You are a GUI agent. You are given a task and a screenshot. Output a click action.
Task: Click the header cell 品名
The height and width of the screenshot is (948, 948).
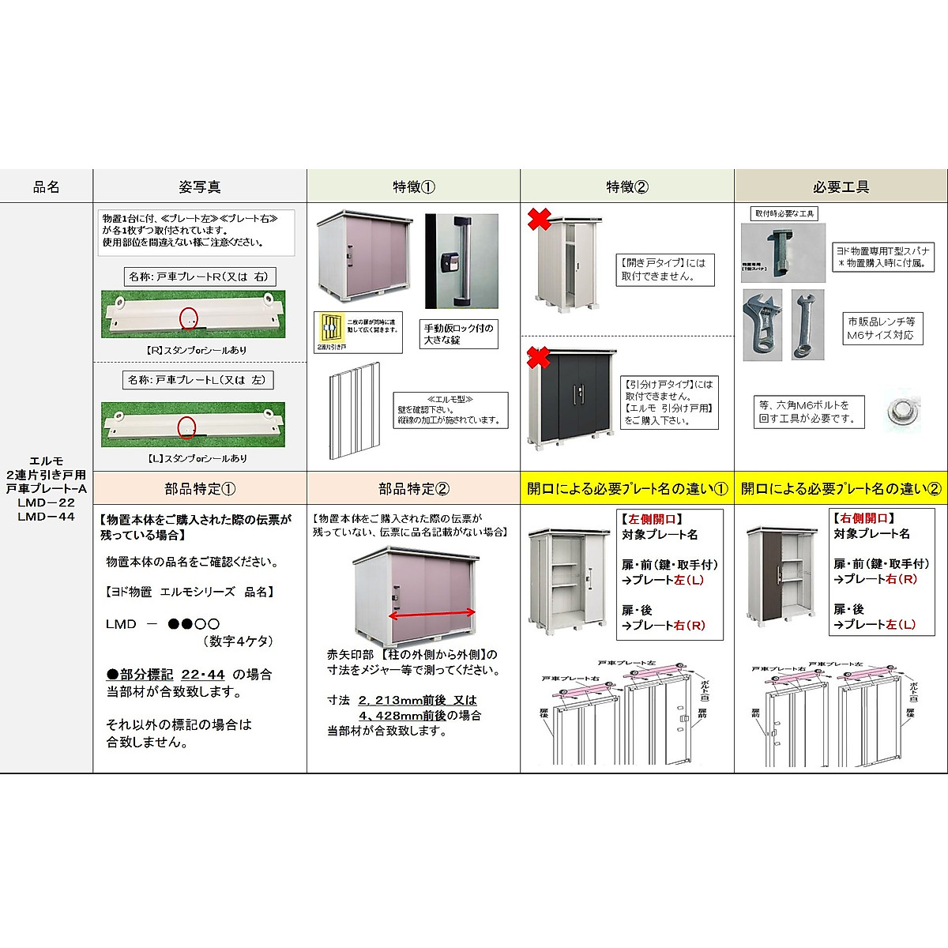pos(46,187)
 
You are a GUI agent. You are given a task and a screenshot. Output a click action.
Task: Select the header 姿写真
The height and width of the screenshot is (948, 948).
pos(200,187)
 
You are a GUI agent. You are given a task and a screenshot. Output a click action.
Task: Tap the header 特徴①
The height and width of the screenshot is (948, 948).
pos(413,187)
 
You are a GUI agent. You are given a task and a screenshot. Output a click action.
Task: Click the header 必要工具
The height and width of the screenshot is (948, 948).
pos(841,187)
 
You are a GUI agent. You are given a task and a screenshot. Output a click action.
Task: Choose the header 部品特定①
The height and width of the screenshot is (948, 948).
pos(200,489)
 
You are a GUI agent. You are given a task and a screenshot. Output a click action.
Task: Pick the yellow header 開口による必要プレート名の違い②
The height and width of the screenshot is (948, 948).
pos(841,489)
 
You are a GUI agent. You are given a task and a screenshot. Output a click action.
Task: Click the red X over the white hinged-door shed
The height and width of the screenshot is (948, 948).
pos(539,219)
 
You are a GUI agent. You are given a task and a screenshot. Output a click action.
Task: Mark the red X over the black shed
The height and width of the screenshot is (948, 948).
pos(539,356)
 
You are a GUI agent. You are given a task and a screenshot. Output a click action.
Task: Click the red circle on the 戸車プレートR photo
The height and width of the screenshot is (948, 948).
pos(190,317)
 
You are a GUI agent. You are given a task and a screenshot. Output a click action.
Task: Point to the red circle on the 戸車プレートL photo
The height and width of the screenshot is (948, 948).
pos(186,427)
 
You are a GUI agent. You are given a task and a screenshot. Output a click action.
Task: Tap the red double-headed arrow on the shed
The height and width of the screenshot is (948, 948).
pos(431,612)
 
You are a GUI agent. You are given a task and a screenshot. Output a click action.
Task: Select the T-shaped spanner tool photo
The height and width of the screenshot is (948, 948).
pos(782,251)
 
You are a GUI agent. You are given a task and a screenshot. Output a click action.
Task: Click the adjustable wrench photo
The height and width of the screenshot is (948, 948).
pos(762,324)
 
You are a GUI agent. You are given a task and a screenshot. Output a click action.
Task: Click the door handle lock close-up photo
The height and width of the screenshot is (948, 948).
pos(461,261)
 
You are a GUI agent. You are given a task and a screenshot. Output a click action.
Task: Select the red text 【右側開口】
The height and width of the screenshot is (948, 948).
pos(863,518)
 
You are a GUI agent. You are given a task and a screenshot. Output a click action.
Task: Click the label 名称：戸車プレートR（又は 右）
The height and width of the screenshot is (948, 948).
pos(199,276)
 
